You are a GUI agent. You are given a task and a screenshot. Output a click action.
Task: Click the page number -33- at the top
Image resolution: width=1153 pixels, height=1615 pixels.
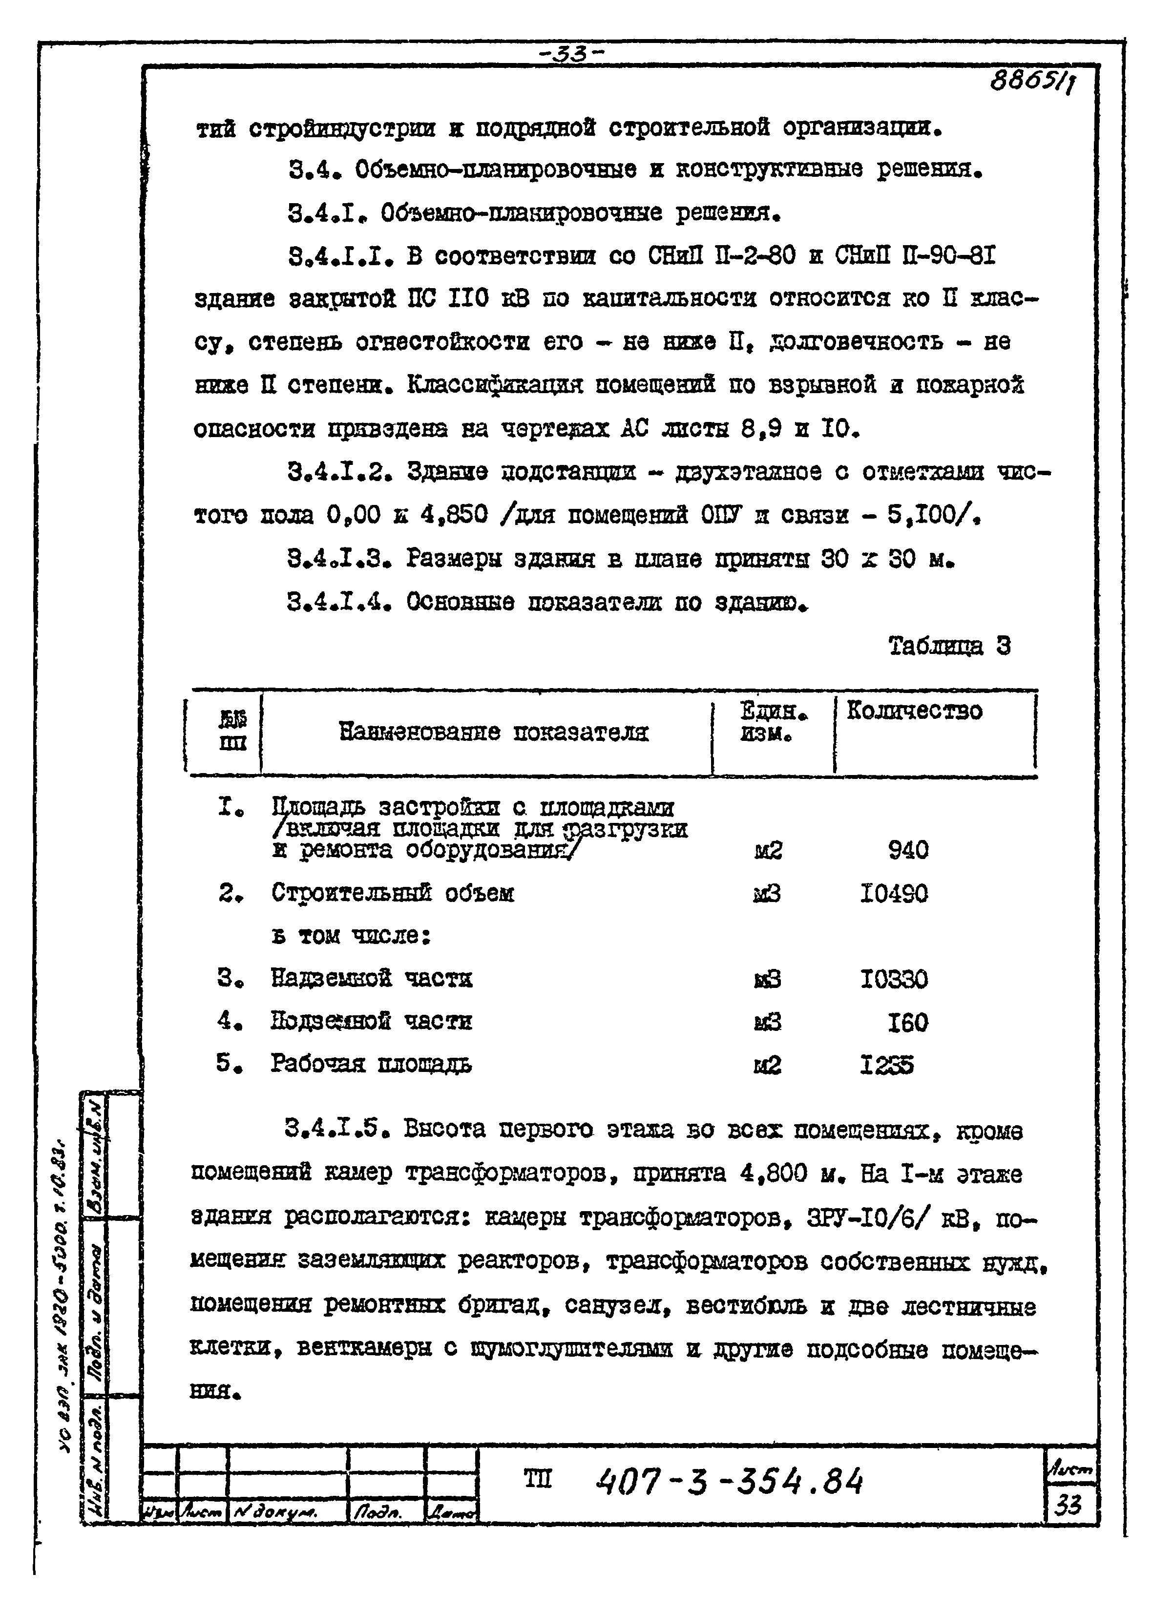570,54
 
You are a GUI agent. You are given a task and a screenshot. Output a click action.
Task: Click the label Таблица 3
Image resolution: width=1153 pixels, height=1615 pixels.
949,646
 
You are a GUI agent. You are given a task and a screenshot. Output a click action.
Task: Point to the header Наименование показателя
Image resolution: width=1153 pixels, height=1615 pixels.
493,732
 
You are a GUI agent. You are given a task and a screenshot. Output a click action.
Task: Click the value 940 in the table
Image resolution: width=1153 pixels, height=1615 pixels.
908,850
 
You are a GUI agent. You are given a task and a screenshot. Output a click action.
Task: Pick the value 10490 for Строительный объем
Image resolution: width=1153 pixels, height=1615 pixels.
894,893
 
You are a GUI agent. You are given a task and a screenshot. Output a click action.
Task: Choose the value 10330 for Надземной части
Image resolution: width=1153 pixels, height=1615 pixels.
894,980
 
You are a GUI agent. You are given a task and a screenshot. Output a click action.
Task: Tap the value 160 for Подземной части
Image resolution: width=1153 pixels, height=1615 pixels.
907,1022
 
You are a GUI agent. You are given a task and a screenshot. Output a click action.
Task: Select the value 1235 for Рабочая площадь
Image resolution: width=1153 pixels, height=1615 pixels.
887,1065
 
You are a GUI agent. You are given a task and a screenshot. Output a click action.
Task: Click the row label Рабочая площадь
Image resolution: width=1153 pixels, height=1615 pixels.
371,1064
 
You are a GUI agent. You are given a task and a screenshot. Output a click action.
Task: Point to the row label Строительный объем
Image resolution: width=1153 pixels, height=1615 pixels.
393,893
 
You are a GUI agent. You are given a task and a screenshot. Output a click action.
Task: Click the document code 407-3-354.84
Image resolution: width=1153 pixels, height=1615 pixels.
730,1482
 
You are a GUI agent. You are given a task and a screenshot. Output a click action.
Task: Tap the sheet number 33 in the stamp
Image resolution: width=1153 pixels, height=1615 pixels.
1068,1504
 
